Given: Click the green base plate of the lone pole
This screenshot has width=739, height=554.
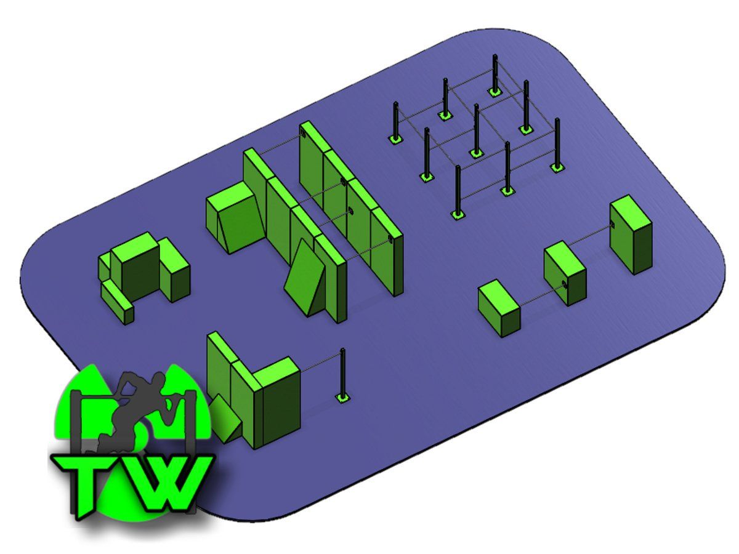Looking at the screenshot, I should tap(343, 398).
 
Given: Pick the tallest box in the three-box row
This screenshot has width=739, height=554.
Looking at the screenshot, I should tap(631, 235).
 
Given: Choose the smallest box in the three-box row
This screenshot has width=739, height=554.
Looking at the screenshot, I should tap(499, 308).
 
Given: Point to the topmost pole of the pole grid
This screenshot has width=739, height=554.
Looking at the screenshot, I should tap(495, 73).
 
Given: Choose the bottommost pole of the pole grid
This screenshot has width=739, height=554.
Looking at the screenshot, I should tap(458, 191).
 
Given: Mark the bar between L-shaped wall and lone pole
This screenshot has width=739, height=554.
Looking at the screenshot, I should tap(320, 363).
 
